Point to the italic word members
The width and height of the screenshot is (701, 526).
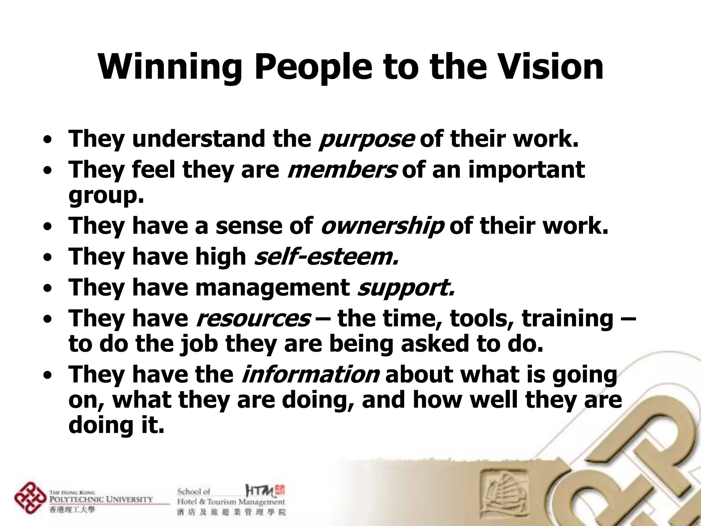coord(342,170)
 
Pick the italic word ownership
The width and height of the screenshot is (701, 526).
coord(382,226)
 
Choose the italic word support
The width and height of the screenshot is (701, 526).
coord(406,287)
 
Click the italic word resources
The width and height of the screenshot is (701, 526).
coord(253,318)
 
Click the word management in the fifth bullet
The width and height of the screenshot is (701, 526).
coord(272,287)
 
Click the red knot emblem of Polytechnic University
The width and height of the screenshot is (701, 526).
coord(30,498)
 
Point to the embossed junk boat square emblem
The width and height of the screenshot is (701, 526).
coord(503,490)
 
